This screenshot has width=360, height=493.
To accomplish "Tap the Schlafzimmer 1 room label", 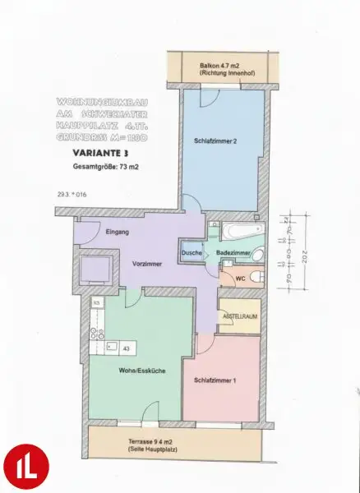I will point(216,381).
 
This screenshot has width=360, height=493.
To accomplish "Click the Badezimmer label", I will point(233,253).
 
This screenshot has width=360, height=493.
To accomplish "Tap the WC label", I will point(240,279).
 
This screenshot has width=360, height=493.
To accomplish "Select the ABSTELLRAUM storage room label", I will point(238,316).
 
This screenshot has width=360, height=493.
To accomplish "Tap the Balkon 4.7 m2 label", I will point(217,67).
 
